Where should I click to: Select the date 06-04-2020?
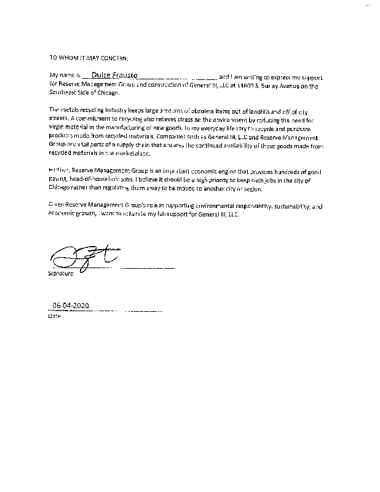[x=71, y=305]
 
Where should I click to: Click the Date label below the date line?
[x=54, y=317]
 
